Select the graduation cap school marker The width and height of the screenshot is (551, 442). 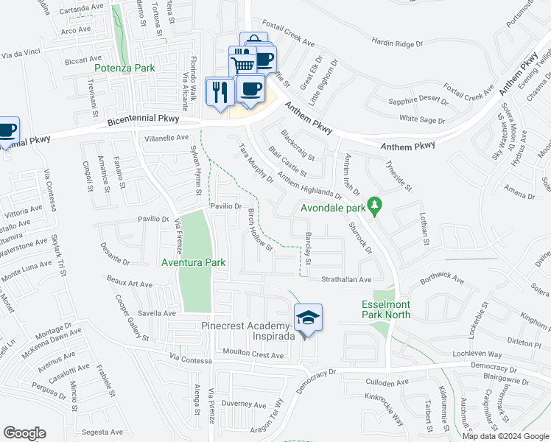pos(308,319)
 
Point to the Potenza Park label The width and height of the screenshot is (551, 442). pos(124,68)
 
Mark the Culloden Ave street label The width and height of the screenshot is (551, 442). pos(387,383)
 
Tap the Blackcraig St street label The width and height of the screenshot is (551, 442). pos(298,144)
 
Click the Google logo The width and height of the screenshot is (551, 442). pos(24,433)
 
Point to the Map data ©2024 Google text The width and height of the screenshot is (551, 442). pos(505,436)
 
